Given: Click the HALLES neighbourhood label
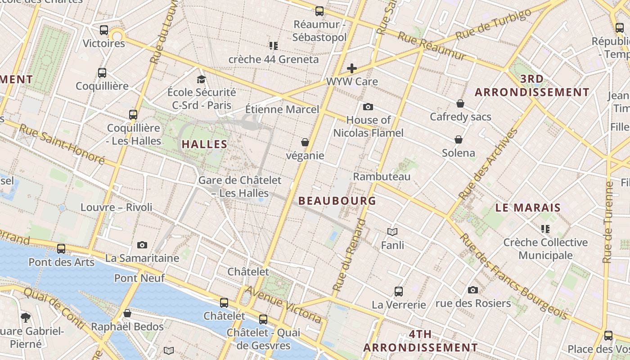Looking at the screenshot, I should pyautogui.click(x=204, y=144).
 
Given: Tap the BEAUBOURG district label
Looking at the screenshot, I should pyautogui.click(x=337, y=201).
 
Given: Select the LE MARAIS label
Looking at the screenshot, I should pyautogui.click(x=528, y=208).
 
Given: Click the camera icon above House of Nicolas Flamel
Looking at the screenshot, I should pyautogui.click(x=368, y=107).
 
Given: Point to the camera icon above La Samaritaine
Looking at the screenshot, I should pyautogui.click(x=142, y=245).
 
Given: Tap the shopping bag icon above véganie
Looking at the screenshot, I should pyautogui.click(x=305, y=142).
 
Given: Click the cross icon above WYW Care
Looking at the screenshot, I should pyautogui.click(x=352, y=68).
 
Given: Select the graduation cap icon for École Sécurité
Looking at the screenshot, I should pyautogui.click(x=201, y=79).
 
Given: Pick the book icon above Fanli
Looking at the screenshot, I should pyautogui.click(x=392, y=232).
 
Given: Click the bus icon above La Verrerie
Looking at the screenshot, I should pyautogui.click(x=399, y=291).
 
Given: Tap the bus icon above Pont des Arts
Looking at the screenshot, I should pyautogui.click(x=61, y=248).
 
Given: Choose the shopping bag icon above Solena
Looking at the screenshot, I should pyautogui.click(x=459, y=139).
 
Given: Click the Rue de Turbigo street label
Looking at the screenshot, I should pyautogui.click(x=493, y=24).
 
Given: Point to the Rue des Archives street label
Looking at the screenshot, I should pyautogui.click(x=489, y=164).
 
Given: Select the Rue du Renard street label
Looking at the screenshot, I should pyautogui.click(x=349, y=255).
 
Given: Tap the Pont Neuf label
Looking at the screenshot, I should pyautogui.click(x=139, y=278).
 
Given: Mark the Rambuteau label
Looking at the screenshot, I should pyautogui.click(x=382, y=176).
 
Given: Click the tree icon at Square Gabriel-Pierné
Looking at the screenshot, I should pyautogui.click(x=26, y=317).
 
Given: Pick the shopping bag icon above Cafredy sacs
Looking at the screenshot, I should pyautogui.click(x=460, y=103).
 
